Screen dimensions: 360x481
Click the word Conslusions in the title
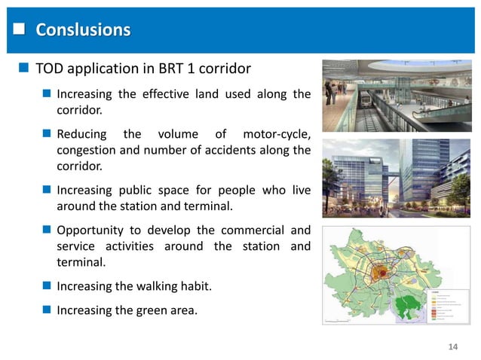[x=83, y=30]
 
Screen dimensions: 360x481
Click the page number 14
[x=453, y=346]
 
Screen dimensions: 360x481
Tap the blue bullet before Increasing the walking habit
[x=47, y=286]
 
